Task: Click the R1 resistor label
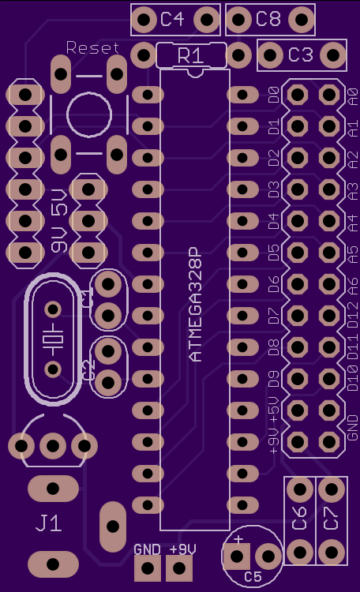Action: pos(190,55)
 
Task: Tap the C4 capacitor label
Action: pos(172,19)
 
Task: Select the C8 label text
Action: pos(268,18)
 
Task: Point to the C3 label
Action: pos(301,54)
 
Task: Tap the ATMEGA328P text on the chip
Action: pos(195,305)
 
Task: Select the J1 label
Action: pos(48,523)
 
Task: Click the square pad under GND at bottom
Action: pos(148,568)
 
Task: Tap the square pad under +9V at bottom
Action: pos(179,568)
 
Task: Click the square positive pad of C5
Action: pos(237,556)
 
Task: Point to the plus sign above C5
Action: pos(238,539)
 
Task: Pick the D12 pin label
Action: pos(352,315)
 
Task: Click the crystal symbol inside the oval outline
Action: pos(53,339)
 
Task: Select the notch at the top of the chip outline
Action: pos(195,73)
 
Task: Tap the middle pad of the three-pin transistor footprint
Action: pos(53,446)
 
